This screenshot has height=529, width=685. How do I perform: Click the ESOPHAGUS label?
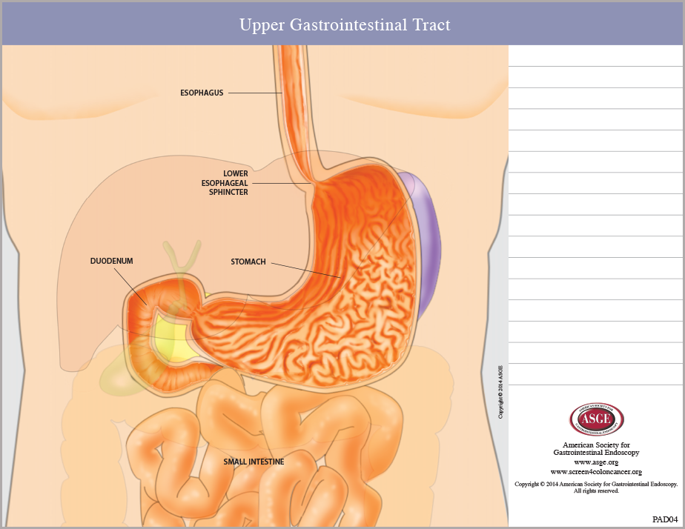(x=202, y=93)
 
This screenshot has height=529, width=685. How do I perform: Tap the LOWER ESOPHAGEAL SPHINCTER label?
(x=225, y=183)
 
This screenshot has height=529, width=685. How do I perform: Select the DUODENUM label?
(x=111, y=261)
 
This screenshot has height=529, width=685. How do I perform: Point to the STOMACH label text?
(x=248, y=262)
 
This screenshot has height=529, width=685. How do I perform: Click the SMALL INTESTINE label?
(x=254, y=462)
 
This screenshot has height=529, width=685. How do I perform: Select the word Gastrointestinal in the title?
(x=348, y=25)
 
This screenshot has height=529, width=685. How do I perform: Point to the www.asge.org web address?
(x=596, y=462)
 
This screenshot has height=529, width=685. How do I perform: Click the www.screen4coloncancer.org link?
(x=596, y=472)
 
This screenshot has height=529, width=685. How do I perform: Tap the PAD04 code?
(x=665, y=519)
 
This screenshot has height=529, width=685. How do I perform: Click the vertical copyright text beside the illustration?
(x=500, y=392)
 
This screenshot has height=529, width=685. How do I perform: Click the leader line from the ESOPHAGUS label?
(x=255, y=93)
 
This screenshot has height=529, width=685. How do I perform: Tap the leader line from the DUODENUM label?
(x=130, y=286)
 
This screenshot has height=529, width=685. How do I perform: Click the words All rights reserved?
(x=596, y=491)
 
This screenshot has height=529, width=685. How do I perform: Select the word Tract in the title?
(x=431, y=25)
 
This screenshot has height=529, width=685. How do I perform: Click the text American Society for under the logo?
(x=596, y=445)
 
